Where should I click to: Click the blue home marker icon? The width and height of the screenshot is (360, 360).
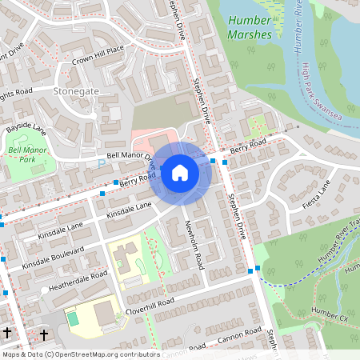point(180,172)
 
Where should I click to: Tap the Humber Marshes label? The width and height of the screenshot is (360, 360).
point(250,27)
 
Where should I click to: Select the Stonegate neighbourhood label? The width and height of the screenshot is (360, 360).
point(76,92)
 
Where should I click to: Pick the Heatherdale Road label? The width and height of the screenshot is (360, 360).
point(76,279)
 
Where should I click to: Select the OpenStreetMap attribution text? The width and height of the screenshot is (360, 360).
point(81,354)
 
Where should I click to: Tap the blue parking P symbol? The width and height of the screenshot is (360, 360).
point(101,164)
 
